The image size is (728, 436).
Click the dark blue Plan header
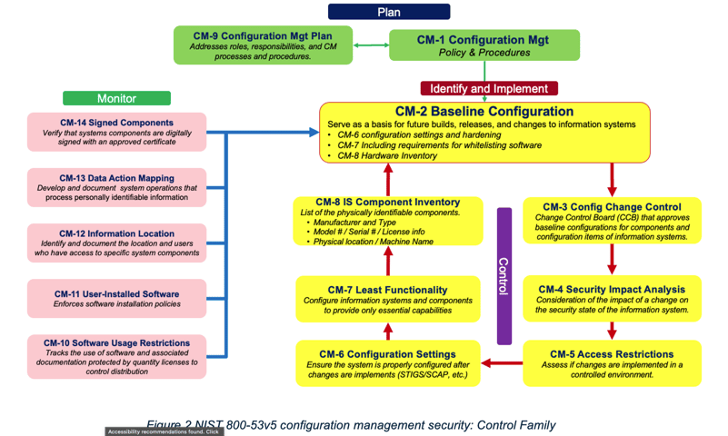tap(388, 12)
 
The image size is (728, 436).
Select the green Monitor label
tap(116, 98)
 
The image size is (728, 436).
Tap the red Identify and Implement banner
tap(489, 89)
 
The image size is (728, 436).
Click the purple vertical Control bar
tap(504, 276)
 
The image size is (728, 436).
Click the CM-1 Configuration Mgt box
tap(484, 45)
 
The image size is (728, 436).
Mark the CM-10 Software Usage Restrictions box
tap(116, 356)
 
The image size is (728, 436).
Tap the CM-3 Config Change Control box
tap(612, 221)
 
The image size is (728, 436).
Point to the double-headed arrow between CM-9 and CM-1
tap(372, 44)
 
